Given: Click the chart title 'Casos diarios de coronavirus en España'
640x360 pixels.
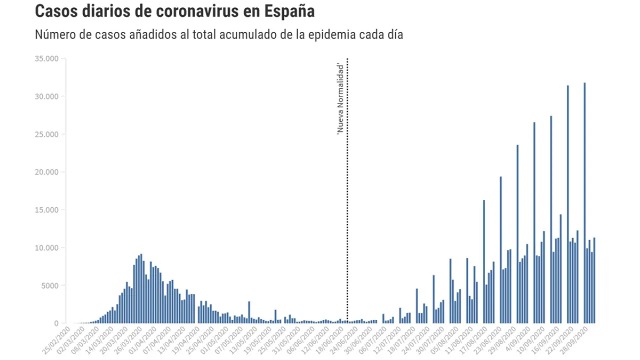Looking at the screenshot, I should (174, 11).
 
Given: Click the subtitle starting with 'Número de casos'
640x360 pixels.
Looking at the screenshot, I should (219, 35).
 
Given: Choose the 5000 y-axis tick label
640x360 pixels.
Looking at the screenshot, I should (49, 285).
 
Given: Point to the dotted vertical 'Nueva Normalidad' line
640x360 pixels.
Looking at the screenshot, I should (347, 200).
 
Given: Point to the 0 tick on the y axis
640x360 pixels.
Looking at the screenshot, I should (56, 323).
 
